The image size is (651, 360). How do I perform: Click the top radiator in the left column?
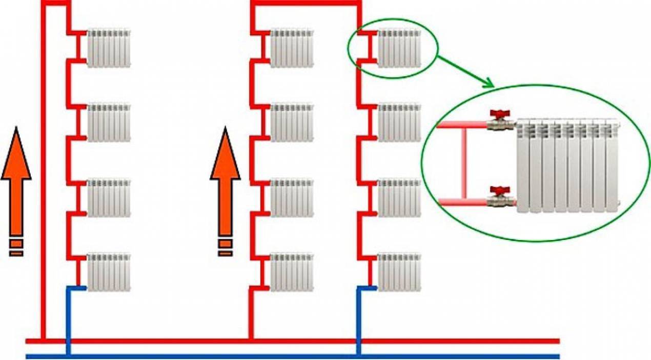coord(109,48)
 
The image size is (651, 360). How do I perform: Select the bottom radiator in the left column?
coord(109,272)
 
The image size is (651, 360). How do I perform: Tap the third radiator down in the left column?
coord(109,197)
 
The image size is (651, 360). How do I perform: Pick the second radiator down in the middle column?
coord(291,123)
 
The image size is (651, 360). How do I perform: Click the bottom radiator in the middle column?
coord(291,272)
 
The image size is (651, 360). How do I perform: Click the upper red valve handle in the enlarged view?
coord(497,113)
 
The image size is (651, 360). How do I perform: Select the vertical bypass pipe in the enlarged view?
coord(464,163)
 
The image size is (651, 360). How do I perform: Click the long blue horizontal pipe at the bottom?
coord(292,355)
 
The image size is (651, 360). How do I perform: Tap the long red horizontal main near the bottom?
coord(292,341)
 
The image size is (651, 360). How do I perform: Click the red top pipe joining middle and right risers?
coord(305,4)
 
